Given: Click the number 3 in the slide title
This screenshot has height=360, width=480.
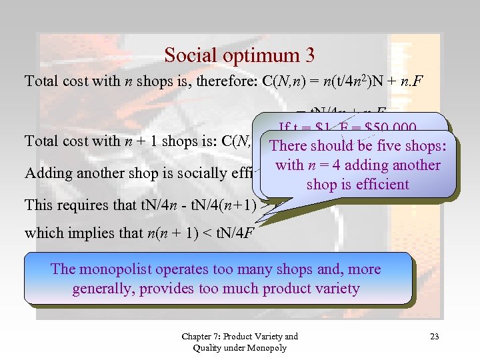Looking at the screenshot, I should (309, 55).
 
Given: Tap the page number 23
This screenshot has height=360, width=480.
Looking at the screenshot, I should (434, 337).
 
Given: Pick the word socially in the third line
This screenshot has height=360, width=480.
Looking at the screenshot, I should (201, 173).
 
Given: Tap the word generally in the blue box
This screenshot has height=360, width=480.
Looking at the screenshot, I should (105, 289).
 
